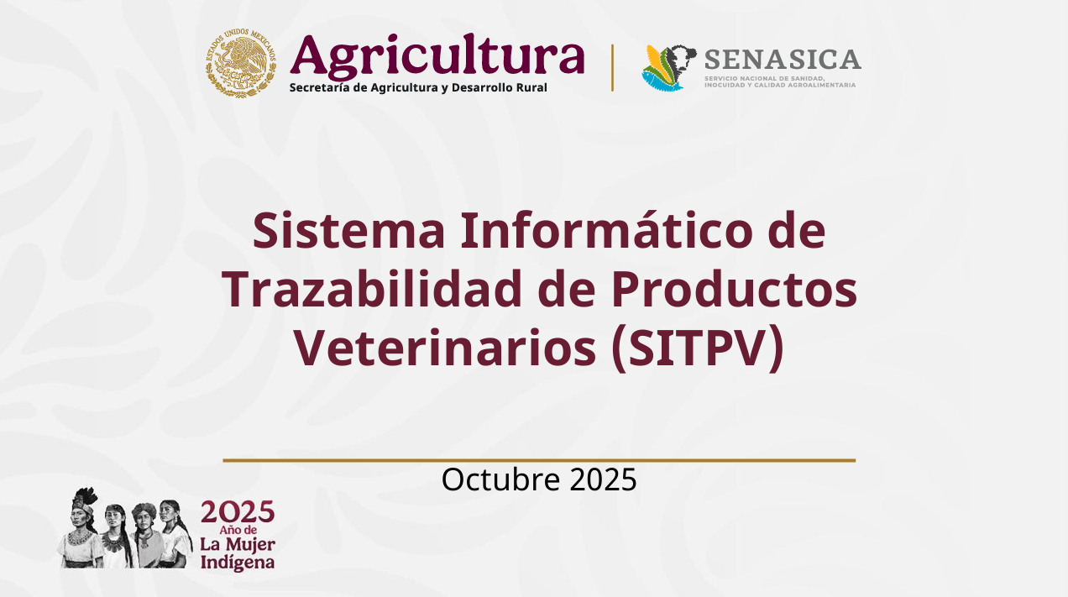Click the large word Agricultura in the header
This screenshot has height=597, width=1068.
pyautogui.click(x=437, y=57)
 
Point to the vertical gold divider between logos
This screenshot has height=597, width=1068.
pyautogui.click(x=612, y=67)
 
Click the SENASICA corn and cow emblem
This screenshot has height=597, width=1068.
pyautogui.click(x=669, y=67)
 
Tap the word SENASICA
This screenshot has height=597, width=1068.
pyautogui.click(x=783, y=60)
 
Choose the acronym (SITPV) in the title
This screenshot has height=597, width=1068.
pyautogui.click(x=697, y=348)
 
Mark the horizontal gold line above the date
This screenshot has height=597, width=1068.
pyautogui.click(x=539, y=460)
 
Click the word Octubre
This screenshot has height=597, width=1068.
pyautogui.click(x=501, y=479)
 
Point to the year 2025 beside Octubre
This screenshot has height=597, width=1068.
pyautogui.click(x=603, y=479)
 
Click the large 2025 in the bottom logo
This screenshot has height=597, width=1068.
pyautogui.click(x=238, y=512)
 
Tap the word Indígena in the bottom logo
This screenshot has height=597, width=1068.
pyautogui.click(x=237, y=562)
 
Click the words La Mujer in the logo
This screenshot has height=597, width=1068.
pyautogui.click(x=237, y=544)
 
